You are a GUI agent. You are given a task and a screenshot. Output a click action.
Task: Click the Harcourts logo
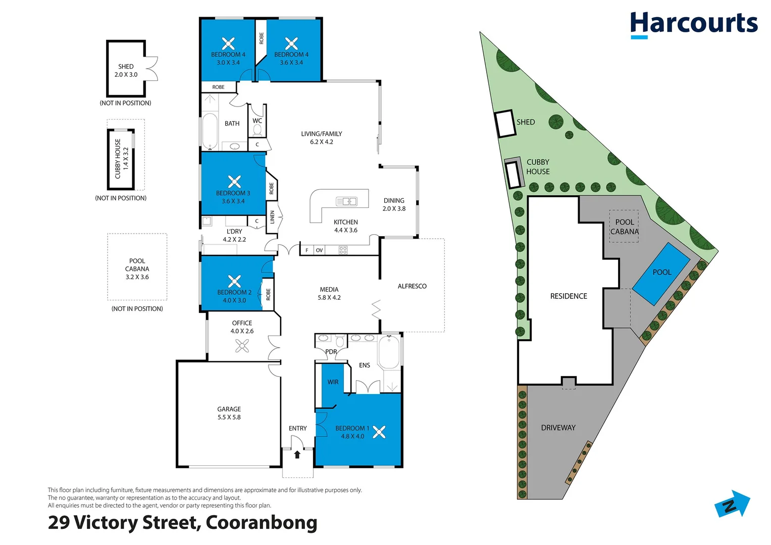pyautogui.click(x=693, y=24)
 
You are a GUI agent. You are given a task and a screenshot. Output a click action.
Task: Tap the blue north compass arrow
pyautogui.click(x=733, y=504)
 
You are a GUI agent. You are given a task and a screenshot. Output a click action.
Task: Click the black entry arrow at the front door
pyautogui.click(x=297, y=454)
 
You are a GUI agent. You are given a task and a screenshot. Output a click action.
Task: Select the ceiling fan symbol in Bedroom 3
pyautogui.click(x=234, y=181)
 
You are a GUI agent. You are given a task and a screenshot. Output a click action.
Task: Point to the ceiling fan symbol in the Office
pyautogui.click(x=242, y=346)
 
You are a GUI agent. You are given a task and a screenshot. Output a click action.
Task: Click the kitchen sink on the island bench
pyautogui.click(x=346, y=201)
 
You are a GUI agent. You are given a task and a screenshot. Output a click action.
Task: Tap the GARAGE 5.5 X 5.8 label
pyautogui.click(x=229, y=413)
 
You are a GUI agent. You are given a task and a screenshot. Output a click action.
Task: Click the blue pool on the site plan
pyautogui.click(x=661, y=273)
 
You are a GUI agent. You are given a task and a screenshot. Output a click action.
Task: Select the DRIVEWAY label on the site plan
pyautogui.click(x=558, y=427)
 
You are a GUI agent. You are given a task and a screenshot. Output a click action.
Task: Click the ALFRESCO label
pyautogui.click(x=412, y=286)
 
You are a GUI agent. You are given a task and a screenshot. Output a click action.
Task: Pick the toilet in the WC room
pyautogui.click(x=258, y=131)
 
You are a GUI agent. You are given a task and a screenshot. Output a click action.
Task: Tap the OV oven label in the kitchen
pyautogui.click(x=319, y=250)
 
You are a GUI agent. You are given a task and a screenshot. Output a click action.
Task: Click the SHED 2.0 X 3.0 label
pyautogui.click(x=126, y=70)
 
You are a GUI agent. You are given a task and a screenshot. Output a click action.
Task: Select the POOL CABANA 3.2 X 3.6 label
pyautogui.click(x=137, y=269)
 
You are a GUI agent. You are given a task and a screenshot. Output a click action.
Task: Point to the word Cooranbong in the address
pyautogui.click(x=261, y=522)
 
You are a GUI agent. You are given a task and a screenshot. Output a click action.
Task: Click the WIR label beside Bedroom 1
pyautogui.click(x=333, y=382)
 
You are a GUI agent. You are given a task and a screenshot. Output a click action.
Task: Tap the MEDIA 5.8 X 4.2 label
pyautogui.click(x=329, y=293)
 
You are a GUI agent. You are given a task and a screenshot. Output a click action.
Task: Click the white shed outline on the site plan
pyautogui.click(x=505, y=124)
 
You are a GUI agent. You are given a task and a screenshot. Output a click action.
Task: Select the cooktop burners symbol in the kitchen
pyautogui.click(x=343, y=250)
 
